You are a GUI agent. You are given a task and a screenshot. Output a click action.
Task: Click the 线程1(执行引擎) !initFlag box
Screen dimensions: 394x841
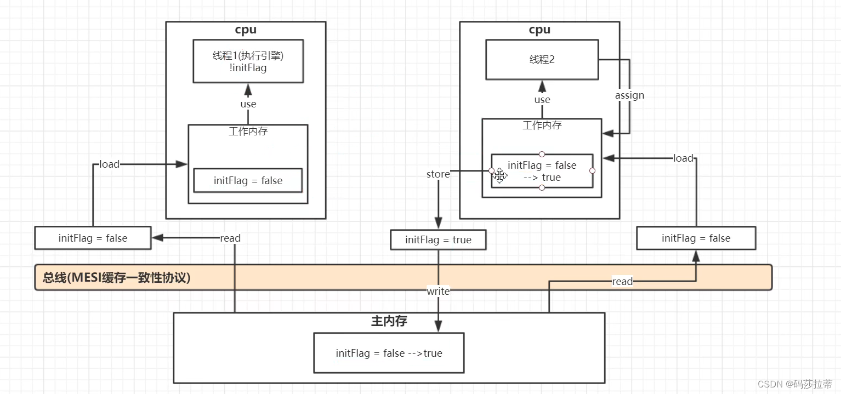[248, 61]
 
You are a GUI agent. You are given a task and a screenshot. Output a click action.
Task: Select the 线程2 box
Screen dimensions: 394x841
[542, 59]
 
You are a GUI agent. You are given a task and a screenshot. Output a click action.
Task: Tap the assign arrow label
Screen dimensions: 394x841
[629, 95]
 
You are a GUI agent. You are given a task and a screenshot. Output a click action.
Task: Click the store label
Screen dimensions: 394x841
[438, 174]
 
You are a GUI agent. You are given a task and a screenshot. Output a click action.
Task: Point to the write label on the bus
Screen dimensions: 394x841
[438, 292]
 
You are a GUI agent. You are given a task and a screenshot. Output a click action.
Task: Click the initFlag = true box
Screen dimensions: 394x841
[438, 239]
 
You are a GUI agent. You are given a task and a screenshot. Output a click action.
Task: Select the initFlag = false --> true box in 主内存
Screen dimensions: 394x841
[389, 353]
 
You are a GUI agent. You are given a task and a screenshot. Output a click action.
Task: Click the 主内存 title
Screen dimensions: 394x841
[389, 321]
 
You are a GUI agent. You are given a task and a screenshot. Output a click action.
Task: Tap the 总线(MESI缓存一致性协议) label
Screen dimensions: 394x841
[117, 278]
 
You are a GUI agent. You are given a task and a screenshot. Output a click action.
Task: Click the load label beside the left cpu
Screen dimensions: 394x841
[109, 164]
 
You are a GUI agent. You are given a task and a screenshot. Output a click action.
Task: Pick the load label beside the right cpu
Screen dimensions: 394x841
[683, 158]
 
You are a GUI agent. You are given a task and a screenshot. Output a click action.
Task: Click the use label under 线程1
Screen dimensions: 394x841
[248, 104]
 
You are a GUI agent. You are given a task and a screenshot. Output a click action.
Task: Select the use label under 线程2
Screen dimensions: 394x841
[542, 100]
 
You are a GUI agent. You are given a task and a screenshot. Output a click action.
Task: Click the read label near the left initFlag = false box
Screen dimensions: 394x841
[230, 238]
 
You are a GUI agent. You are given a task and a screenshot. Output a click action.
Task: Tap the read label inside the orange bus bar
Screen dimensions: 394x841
[622, 282]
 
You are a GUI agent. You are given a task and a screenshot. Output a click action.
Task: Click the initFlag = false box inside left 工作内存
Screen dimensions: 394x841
[248, 180]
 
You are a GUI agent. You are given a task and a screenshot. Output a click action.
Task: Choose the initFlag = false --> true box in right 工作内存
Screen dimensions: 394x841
[542, 171]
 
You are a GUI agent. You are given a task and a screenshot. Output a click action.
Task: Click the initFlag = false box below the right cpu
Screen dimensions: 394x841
[696, 238]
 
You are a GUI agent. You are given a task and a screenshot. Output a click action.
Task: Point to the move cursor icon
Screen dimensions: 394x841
[499, 175]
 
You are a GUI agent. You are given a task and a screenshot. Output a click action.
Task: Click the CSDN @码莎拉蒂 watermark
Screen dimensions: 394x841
[795, 384]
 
